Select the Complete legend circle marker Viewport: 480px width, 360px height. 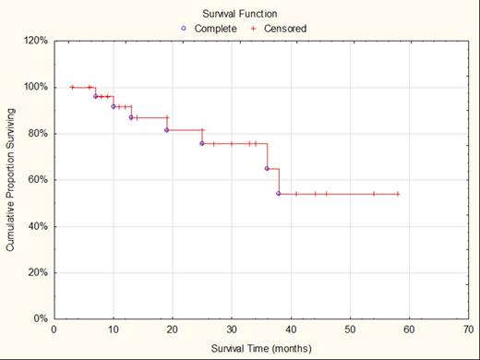click(185, 29)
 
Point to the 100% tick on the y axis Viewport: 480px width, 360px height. click(35, 87)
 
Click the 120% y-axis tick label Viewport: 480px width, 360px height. click(35, 41)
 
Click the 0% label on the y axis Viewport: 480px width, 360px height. click(40, 318)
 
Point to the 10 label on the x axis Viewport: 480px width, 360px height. click(114, 330)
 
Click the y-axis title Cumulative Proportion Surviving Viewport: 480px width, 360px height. click(11, 180)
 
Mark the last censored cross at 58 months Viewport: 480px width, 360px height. click(398, 194)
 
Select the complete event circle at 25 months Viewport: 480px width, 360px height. click(202, 143)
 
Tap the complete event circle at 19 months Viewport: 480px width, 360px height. click(167, 130)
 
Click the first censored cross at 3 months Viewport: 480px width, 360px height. click(72, 88)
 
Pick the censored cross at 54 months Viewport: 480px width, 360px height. click(374, 194)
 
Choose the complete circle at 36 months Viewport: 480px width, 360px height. click(267, 168)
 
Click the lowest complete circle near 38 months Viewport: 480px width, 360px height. click(278, 194)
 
